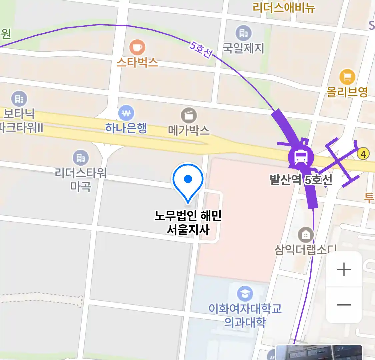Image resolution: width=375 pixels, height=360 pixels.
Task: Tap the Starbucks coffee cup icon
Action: tap(137, 47)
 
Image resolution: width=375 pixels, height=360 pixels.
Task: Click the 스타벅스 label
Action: tap(137, 62)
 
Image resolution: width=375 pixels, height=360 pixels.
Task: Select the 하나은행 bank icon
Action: tap(126, 113)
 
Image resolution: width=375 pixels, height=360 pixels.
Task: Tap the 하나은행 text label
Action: tap(126, 128)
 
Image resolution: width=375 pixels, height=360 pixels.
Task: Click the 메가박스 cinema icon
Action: tap(189, 116)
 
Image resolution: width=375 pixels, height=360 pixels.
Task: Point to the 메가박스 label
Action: tap(189, 130)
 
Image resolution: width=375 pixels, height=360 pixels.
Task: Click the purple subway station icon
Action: tap(301, 157)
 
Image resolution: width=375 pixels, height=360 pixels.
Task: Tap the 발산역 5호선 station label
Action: tap(301, 180)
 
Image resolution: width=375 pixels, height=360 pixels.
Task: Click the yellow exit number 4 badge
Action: tap(363, 154)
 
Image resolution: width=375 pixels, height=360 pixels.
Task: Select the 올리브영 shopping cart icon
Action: tap(347, 77)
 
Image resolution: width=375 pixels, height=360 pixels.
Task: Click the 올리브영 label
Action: tap(347, 92)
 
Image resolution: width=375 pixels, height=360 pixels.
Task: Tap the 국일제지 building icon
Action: tap(244, 33)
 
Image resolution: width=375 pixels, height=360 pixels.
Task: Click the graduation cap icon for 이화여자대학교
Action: tap(245, 294)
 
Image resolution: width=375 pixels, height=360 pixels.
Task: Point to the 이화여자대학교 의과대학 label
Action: tap(245, 315)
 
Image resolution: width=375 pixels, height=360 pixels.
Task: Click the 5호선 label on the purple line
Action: tap(201, 49)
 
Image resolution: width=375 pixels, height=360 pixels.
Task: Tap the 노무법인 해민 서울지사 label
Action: tap(188, 223)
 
